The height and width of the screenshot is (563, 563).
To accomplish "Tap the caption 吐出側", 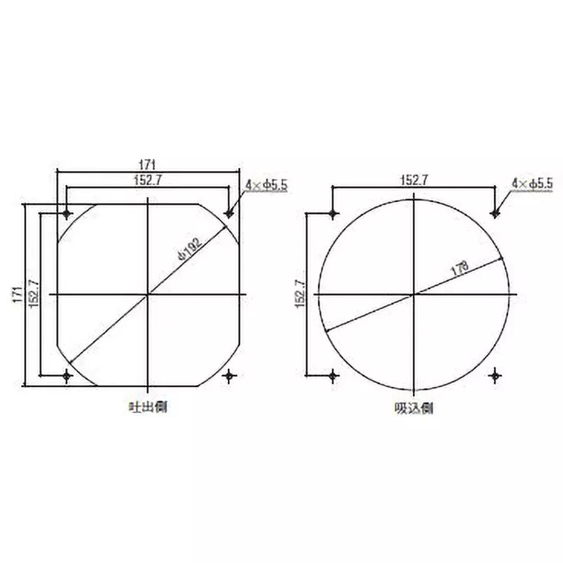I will click(x=148, y=407).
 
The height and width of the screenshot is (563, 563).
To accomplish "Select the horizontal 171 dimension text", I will click(x=148, y=163).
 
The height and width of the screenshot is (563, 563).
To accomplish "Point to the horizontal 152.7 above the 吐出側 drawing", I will click(x=148, y=180).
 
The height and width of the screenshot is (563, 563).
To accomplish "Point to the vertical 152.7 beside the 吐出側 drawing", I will click(x=32, y=293).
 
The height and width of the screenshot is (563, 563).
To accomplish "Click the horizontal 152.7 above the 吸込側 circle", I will click(x=415, y=181).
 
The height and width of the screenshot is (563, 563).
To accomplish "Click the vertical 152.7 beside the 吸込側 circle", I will click(x=299, y=293).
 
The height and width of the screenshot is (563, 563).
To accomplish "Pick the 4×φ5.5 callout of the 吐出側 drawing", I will click(x=267, y=185).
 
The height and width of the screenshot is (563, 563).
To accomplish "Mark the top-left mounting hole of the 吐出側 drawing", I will click(x=67, y=213).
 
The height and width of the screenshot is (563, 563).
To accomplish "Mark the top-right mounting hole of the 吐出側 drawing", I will click(x=229, y=213).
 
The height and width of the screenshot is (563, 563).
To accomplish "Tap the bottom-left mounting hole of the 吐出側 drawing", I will click(x=67, y=376).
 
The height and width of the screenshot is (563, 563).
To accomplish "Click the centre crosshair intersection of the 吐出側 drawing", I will click(x=148, y=294).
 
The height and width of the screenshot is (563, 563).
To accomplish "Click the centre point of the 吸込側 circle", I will click(x=415, y=294).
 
